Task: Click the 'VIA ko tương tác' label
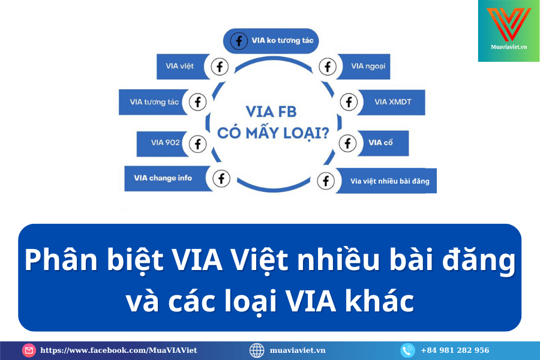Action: (x=283, y=41)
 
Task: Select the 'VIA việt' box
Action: (x=182, y=67)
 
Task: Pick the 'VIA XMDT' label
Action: (x=393, y=102)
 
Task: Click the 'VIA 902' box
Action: (x=163, y=143)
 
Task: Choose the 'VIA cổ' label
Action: (x=380, y=143)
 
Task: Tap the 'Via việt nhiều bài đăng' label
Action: (x=390, y=181)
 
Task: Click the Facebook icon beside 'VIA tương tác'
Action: (x=197, y=102)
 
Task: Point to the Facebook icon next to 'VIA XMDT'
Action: (x=349, y=102)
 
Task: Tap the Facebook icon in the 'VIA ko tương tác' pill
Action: (x=239, y=41)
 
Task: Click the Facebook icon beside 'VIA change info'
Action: (x=221, y=178)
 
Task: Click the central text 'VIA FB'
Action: (x=271, y=112)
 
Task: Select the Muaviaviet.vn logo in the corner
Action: (x=509, y=31)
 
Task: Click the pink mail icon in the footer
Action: (x=29, y=350)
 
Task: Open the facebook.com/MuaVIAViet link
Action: (x=119, y=350)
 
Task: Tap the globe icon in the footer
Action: (x=257, y=350)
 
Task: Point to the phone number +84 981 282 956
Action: (x=455, y=350)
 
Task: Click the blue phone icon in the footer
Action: (x=408, y=350)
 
